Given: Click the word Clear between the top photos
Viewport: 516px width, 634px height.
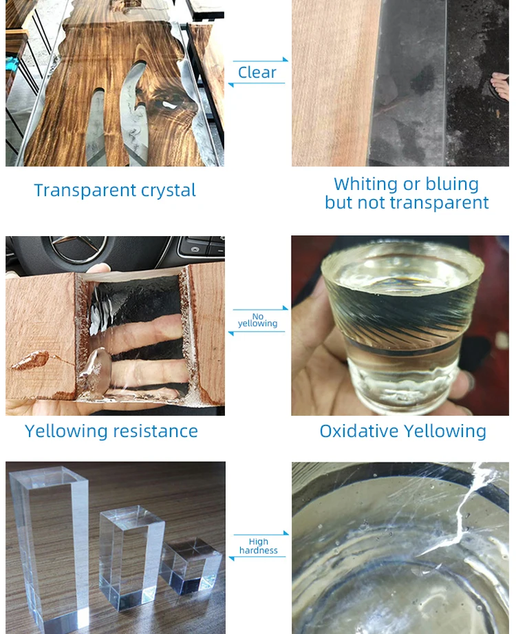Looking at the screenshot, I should coord(257,72).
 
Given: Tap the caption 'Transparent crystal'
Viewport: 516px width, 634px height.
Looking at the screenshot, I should coord(115,190).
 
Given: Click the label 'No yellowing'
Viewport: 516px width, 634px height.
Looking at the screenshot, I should coord(257,320).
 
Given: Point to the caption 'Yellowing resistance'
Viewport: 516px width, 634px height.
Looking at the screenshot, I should coord(111,431).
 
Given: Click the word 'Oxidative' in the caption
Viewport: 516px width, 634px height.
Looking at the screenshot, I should coord(358,431).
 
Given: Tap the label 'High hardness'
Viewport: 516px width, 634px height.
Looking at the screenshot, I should coord(259,546).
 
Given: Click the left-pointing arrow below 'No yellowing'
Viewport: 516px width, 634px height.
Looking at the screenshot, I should coord(257,332).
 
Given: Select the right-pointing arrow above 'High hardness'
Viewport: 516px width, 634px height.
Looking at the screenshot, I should coord(260,533).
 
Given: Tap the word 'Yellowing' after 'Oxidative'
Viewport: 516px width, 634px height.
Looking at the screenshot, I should coord(445,431).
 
